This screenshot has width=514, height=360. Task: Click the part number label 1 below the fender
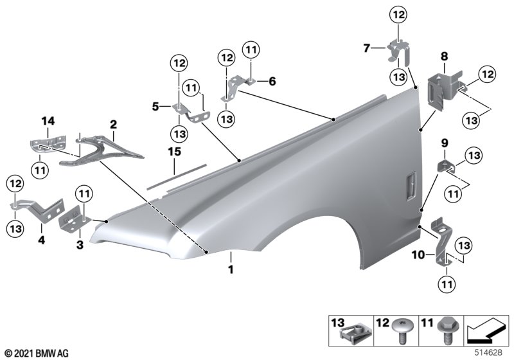229,271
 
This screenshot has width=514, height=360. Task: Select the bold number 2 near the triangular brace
113,123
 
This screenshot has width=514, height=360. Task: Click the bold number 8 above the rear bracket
443,57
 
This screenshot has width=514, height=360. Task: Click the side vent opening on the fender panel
409,187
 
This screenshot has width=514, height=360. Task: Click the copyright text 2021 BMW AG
35,353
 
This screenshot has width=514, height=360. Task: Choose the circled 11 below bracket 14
40,170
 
